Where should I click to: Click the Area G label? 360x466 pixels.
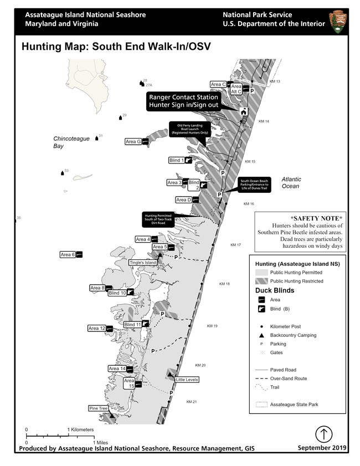click(x=133, y=142)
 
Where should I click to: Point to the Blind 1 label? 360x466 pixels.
click(x=176, y=161)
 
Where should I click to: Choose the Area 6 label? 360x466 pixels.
click(x=67, y=255)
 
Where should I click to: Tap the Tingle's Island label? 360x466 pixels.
click(x=143, y=263)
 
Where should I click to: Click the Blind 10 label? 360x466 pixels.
click(x=117, y=293)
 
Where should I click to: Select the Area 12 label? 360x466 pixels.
click(x=96, y=329)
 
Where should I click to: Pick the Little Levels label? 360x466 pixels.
click(x=187, y=380)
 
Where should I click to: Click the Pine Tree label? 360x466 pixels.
click(x=98, y=408)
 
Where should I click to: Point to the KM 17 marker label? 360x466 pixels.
click(x=236, y=245)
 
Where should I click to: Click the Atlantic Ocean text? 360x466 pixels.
click(x=290, y=183)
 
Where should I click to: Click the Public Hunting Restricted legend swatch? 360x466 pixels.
click(x=260, y=281)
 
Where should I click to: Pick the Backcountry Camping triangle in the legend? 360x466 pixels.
click(x=260, y=335)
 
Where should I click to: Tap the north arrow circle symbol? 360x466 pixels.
click(x=323, y=434)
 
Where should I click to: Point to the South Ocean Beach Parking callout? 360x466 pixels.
click(x=254, y=185)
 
